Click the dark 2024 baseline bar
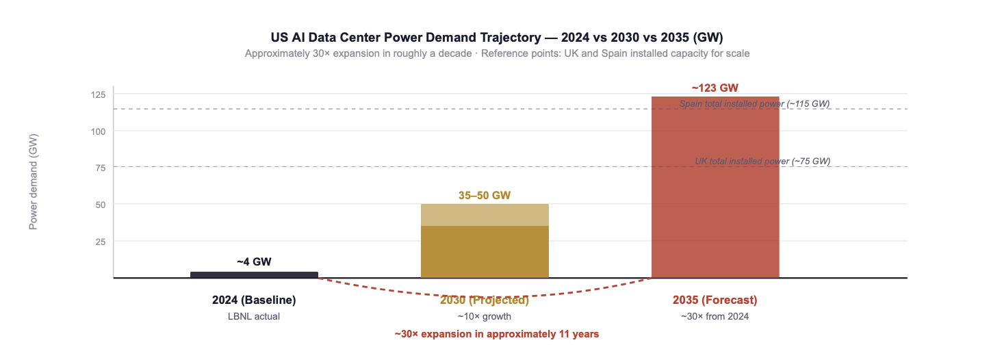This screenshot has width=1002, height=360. [254, 274]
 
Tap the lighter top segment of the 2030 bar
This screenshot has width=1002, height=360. [485, 215]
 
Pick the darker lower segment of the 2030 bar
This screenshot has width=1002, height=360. [485, 252]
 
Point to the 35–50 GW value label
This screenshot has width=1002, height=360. [485, 196]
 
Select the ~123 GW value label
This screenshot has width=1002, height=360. [715, 88]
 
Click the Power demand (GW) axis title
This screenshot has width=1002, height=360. [33, 181]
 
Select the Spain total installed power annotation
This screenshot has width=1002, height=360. [754, 103]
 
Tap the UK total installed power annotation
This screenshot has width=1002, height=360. [762, 162]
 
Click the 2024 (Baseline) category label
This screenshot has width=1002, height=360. [254, 300]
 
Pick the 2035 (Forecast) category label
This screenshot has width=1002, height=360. [715, 300]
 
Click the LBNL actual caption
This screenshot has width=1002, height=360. [254, 317]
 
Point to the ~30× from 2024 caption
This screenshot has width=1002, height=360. [715, 317]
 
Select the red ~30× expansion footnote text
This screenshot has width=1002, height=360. [496, 335]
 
